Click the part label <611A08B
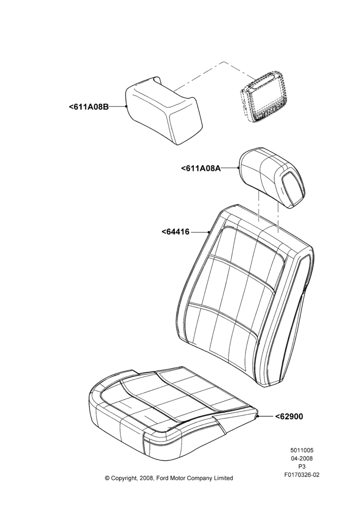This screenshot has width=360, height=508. pos(88,107)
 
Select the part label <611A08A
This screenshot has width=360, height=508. pos(201,168)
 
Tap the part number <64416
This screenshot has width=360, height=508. pos(175,232)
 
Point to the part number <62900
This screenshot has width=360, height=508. pos(289,417)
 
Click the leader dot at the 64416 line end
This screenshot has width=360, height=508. pos(208,232)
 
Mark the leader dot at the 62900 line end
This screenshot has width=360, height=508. pos(258,417)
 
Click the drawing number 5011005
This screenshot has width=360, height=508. pos(302,450)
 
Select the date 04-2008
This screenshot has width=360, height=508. pos(302,458)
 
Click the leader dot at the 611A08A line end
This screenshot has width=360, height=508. pos(239,168)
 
